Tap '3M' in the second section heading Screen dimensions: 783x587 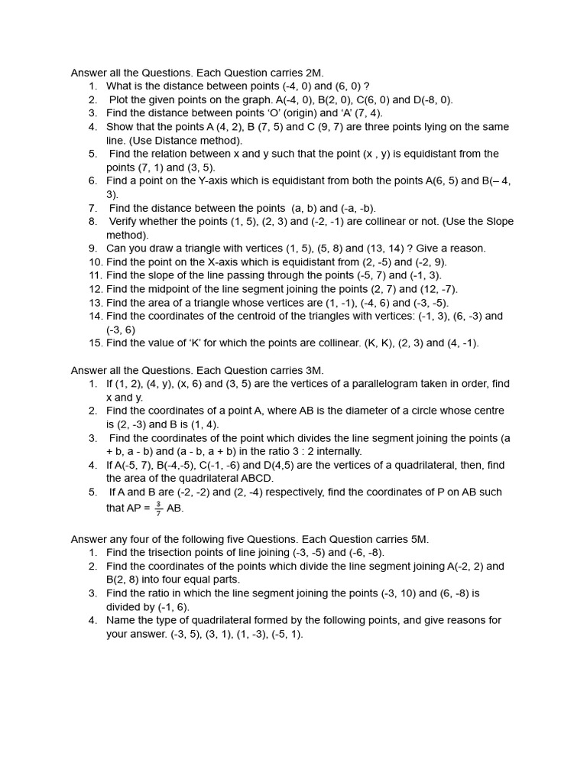click(x=313, y=370)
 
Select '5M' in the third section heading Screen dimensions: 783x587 click(x=418, y=539)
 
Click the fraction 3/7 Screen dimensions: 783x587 click(x=158, y=508)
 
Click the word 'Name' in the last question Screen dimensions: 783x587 click(x=121, y=620)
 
